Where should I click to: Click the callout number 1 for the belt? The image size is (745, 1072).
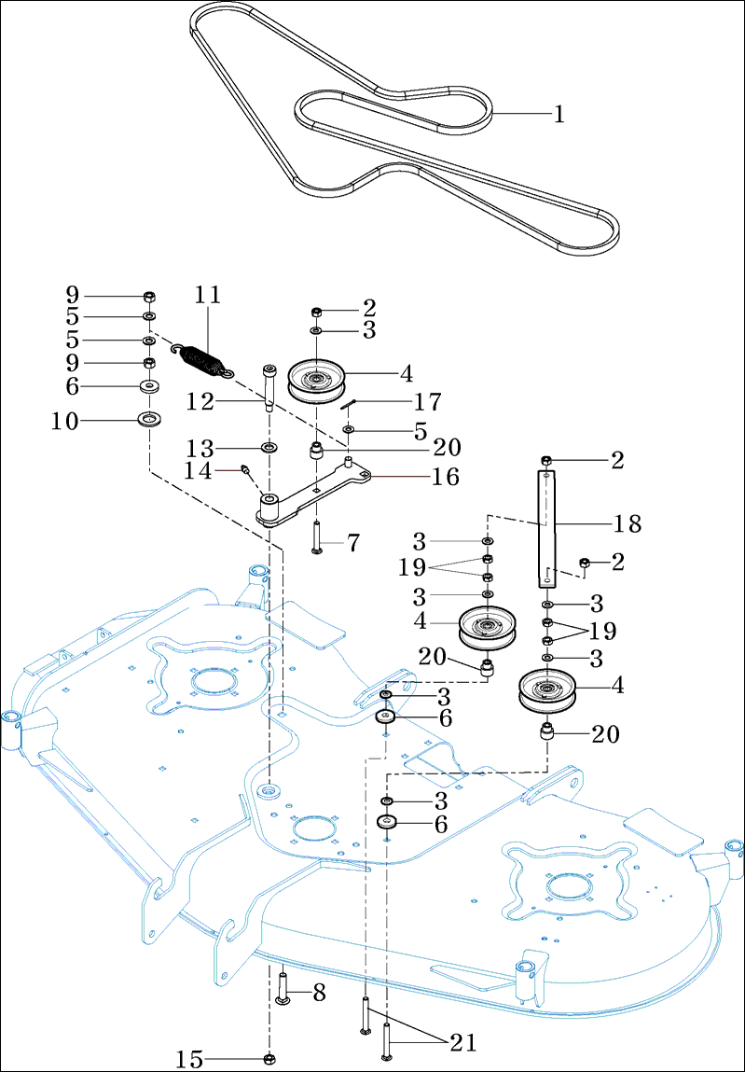pyautogui.click(x=559, y=115)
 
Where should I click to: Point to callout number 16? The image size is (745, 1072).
pyautogui.click(x=445, y=477)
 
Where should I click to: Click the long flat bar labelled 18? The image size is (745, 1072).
pyautogui.click(x=545, y=528)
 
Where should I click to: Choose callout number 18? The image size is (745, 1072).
pyautogui.click(x=628, y=523)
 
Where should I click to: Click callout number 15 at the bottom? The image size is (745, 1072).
pyautogui.click(x=189, y=1059)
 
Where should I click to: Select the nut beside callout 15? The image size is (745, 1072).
pyautogui.click(x=269, y=1058)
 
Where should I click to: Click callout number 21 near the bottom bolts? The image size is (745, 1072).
pyautogui.click(x=462, y=1042)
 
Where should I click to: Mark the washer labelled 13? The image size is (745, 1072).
pyautogui.click(x=269, y=449)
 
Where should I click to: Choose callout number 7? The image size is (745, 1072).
pyautogui.click(x=352, y=543)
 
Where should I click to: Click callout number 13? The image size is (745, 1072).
pyautogui.click(x=200, y=447)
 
